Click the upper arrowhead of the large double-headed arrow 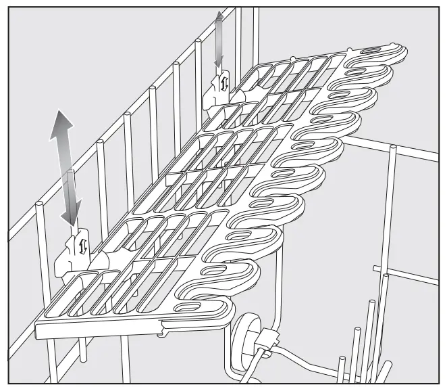click(61, 121)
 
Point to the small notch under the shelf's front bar click(162, 332)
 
